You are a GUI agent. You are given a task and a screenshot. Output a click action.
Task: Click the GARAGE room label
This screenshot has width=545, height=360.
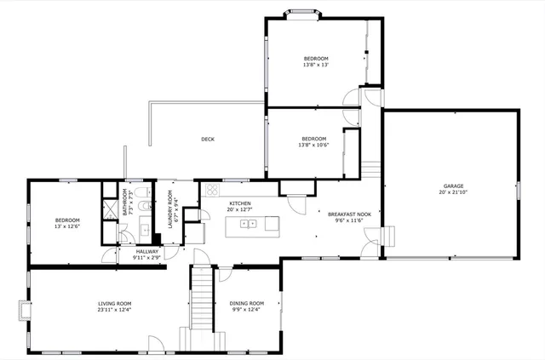click(453, 186)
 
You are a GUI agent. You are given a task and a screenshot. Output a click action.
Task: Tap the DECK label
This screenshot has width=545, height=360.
click(208, 140)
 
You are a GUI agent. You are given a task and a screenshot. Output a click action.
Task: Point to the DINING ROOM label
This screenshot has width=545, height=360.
click(247, 303)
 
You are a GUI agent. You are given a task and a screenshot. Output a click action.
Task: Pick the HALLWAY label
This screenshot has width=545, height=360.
click(147, 251)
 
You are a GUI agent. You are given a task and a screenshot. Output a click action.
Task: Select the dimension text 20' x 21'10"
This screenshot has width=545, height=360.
click(453, 192)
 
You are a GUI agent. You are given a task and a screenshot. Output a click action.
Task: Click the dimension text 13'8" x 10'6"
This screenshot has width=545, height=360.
click(313, 146)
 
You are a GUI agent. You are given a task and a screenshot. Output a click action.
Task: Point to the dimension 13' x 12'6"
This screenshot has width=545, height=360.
click(67, 226)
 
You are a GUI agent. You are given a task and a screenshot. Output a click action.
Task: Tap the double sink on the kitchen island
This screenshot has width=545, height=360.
click(249, 224)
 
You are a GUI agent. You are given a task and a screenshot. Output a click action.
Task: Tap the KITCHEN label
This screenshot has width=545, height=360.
click(240, 203)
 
